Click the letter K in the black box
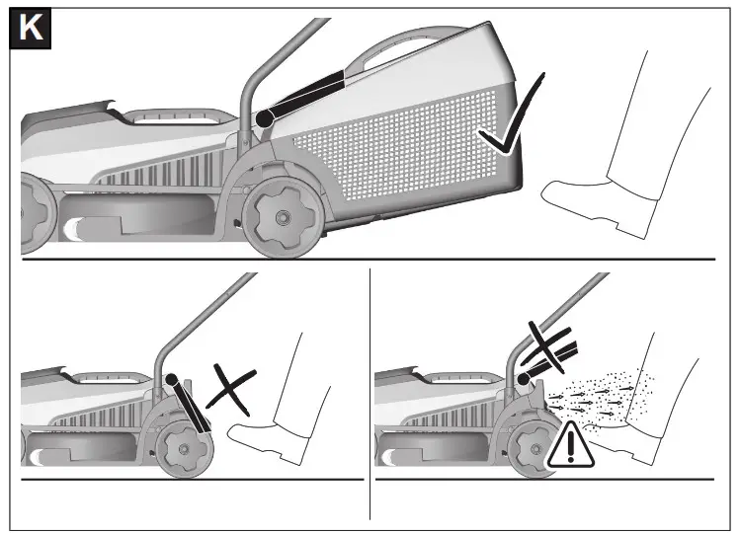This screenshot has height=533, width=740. [31, 29]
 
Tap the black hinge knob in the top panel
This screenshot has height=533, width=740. [264, 118]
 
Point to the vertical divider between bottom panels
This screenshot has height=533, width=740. [370, 395]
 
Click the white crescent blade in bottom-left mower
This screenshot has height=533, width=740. [40, 457]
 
